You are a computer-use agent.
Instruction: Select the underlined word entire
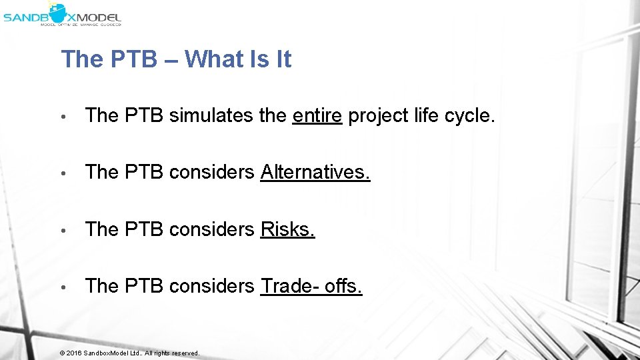coord(317,116)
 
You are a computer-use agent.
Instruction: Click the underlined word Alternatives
coord(315,173)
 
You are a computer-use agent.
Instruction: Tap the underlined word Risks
coord(287,229)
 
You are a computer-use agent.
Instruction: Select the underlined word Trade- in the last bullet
coord(290,286)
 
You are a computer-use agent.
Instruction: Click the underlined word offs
coord(343,286)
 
